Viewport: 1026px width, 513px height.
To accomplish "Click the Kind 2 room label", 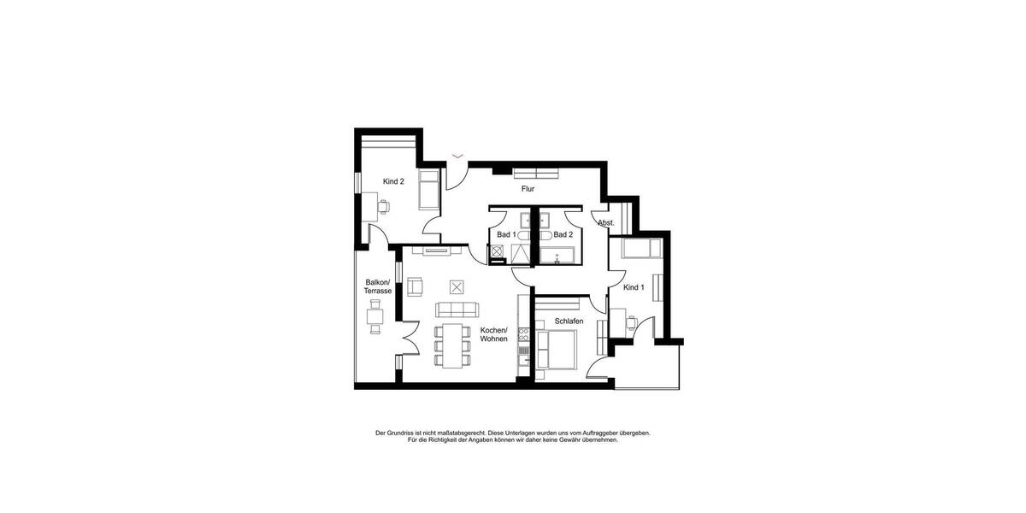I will [x=393, y=181].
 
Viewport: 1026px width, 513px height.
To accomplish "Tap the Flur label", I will [x=528, y=188].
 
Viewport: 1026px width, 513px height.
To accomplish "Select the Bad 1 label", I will [x=506, y=234].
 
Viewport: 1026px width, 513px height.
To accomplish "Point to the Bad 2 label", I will [x=563, y=234].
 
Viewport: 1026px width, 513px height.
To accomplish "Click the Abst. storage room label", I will [x=606, y=223].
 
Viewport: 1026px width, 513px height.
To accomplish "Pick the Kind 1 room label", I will [x=634, y=287].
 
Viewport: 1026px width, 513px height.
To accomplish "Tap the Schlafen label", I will [x=569, y=321].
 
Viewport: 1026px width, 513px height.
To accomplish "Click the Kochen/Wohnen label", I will [x=493, y=334].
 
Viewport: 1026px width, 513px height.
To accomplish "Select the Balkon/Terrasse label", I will [x=378, y=286].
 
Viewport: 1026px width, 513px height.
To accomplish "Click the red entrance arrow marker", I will [x=458, y=156].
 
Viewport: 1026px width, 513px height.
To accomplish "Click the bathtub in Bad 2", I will [x=562, y=255].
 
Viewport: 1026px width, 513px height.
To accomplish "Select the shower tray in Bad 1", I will [x=519, y=254].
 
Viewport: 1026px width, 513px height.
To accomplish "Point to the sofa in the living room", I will [x=458, y=309].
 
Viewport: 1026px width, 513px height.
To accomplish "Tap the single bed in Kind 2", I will [x=428, y=190].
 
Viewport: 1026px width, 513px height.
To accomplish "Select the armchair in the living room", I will [x=416, y=286].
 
